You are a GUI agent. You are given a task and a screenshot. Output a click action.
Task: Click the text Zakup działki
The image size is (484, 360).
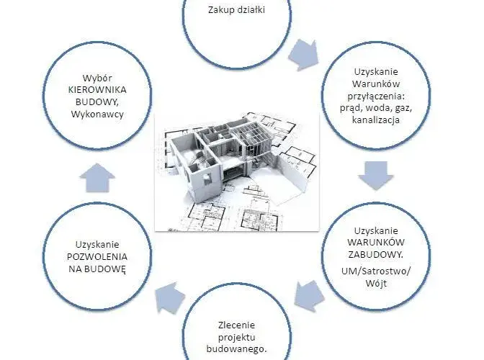236,10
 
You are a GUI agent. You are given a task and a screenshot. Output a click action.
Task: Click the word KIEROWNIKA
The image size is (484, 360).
97,90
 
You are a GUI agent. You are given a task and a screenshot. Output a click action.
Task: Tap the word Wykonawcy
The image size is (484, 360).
97,114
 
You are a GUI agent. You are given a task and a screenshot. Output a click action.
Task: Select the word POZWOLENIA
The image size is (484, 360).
97,256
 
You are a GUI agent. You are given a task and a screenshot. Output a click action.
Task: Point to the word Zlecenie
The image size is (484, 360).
236,325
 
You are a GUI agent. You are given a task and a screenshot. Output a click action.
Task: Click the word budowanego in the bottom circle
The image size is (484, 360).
236,349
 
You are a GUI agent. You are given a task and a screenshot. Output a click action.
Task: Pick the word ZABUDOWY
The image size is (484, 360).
376,255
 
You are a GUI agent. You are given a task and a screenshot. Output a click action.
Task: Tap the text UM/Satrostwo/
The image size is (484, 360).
376,271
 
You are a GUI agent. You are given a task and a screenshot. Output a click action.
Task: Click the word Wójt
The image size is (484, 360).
376,284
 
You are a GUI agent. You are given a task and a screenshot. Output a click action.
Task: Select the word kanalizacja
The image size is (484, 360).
376,120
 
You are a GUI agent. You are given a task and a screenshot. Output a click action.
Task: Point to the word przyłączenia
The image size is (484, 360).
376,96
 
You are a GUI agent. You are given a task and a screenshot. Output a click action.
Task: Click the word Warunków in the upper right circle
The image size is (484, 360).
376,84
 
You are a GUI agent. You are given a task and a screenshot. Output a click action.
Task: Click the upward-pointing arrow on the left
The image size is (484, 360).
97,178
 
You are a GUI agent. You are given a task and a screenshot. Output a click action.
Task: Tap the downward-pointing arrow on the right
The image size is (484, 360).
376,176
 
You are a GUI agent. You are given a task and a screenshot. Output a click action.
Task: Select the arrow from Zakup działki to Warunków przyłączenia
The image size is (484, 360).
304,55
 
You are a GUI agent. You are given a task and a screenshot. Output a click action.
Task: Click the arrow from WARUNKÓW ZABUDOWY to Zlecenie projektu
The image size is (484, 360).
310,296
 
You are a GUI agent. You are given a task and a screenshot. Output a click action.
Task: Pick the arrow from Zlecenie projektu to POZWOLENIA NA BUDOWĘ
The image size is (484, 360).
169,297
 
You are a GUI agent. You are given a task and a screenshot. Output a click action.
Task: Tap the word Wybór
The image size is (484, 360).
97,78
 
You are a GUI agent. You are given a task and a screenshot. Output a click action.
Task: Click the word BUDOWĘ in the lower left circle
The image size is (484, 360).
106,269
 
